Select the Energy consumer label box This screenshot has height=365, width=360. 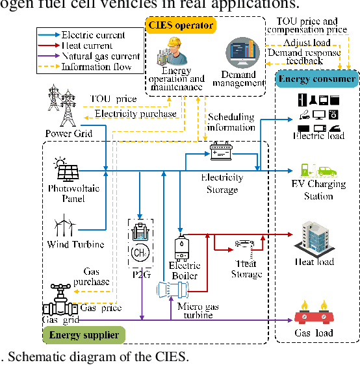318,79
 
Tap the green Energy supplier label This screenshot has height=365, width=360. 84,334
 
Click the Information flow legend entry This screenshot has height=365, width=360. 88,67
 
